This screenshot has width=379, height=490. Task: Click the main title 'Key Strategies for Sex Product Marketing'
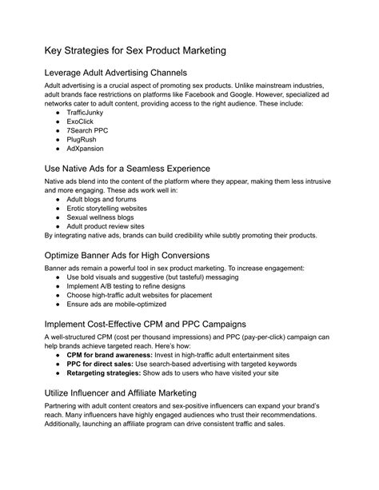tap(135, 50)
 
